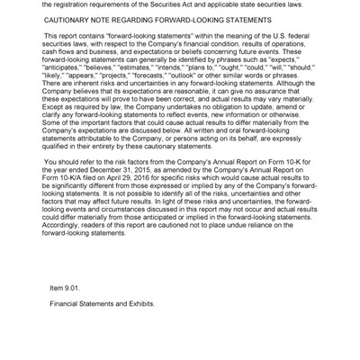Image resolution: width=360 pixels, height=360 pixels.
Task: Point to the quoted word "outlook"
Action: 209,75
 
